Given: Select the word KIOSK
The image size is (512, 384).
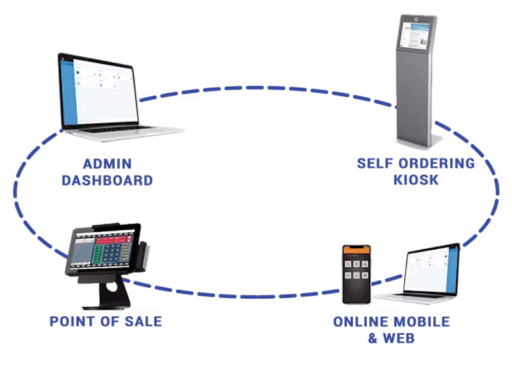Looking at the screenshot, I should (416, 180).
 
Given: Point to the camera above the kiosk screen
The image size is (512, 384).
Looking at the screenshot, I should (416, 19).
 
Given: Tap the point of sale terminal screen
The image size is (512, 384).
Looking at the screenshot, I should (102, 250).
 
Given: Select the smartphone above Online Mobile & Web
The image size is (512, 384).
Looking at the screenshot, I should (356, 274).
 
